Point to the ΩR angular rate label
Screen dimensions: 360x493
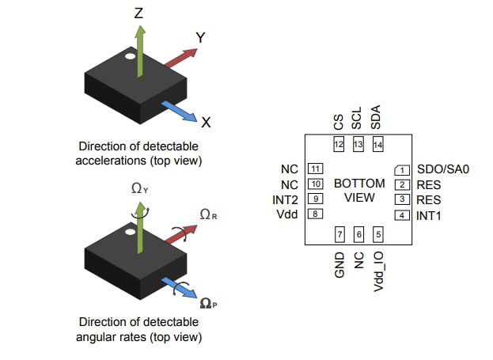coord(209,214)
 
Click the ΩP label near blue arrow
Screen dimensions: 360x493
coord(210,302)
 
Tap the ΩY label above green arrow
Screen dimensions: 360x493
coord(139,189)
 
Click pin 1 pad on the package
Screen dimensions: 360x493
coord(402,170)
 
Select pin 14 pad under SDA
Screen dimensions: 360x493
coord(377,145)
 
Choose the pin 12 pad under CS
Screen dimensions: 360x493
coord(339,145)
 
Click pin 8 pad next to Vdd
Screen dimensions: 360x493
coord(316,214)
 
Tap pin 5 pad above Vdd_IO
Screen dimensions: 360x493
coord(377,234)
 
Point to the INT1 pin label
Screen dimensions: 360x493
coord(429,214)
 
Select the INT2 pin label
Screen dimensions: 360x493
coord(284,199)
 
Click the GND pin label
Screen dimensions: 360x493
coord(339,263)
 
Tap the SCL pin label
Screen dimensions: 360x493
coord(358,119)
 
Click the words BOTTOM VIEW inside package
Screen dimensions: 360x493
coord(359,190)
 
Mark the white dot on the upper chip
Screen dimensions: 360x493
coord(127,57)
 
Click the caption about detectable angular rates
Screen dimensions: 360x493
coord(139,329)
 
